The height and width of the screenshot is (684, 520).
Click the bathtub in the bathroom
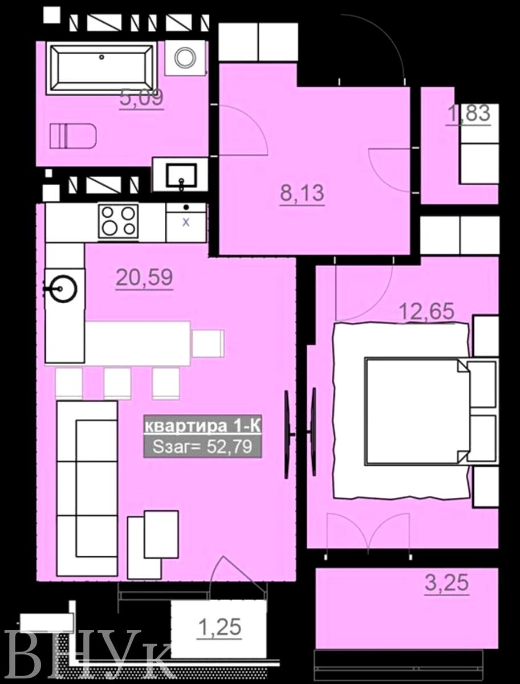101,68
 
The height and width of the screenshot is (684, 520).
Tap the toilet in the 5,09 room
73,136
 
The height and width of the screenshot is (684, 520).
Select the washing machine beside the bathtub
186,58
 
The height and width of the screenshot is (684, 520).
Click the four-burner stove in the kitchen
119,221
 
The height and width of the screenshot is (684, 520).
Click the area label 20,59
144,278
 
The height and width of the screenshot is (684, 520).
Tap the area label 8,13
302,193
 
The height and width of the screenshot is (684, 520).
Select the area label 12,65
426,311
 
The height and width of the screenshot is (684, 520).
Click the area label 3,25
447,583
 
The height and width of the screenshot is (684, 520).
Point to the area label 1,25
220,626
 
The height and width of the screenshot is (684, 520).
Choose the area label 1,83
468,113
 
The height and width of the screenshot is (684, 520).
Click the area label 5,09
142,98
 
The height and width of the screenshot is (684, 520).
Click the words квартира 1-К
202,426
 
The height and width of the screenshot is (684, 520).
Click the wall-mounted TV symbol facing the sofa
289,434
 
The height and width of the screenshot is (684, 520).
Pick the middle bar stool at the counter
117,383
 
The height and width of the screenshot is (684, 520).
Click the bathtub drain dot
101,57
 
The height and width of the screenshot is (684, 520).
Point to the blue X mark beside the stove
186,222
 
